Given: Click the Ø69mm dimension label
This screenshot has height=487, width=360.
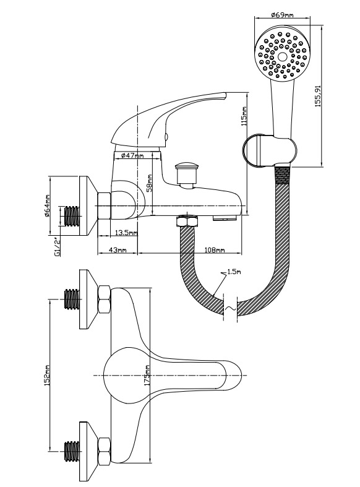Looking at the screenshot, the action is click(282, 15).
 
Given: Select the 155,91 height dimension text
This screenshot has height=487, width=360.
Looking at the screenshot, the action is click(319, 96).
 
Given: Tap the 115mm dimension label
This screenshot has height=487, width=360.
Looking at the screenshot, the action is click(244, 116).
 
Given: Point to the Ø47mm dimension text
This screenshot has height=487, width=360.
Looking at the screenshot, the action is click(132, 155).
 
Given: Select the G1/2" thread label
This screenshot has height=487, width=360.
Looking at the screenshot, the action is click(57, 246).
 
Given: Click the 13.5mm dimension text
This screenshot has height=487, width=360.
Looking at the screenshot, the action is click(126, 233).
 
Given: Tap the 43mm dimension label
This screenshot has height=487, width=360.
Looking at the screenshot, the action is click(118, 250).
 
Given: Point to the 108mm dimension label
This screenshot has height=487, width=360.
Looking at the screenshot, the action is click(215, 250).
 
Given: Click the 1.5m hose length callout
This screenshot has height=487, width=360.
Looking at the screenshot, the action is click(234, 272).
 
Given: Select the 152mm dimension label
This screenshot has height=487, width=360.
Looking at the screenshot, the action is click(47, 375).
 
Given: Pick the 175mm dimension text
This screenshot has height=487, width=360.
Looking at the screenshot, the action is click(147, 375).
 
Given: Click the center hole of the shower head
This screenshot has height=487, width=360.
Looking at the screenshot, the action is click(282, 56).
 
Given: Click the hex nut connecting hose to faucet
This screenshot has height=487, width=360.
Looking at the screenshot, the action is click(187, 222).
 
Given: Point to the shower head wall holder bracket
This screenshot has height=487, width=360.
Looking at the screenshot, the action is click(269, 150).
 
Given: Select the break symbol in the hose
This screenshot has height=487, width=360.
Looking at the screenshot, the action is click(230, 308).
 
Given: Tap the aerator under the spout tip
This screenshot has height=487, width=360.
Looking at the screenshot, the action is click(225, 218).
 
